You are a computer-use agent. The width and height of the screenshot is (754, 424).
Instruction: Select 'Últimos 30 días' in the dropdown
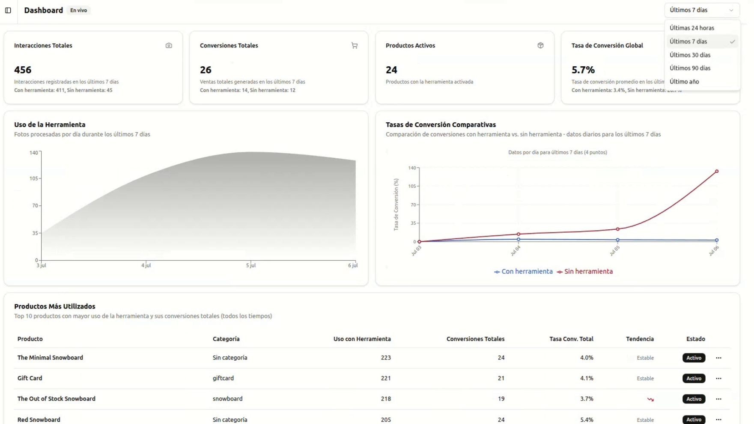point(690,55)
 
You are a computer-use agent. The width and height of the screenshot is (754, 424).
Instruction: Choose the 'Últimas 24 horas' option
point(691,28)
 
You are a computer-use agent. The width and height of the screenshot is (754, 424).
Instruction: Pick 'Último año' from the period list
point(684,81)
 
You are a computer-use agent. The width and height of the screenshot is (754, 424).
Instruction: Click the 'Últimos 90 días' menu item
point(690,68)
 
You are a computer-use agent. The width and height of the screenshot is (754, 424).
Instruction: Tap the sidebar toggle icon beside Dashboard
point(8,10)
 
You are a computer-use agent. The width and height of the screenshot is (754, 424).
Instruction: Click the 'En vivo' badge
point(78,10)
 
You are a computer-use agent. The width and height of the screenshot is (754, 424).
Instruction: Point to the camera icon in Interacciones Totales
point(169,45)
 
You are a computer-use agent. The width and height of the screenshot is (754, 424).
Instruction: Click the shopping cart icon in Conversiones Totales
point(355,45)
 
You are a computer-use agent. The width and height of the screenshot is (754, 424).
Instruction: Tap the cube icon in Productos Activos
point(540,45)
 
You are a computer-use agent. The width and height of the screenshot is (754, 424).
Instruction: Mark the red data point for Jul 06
point(717,171)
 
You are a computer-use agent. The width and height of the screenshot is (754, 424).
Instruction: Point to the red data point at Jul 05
point(617,229)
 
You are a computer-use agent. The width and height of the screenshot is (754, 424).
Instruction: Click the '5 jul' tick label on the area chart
point(251,266)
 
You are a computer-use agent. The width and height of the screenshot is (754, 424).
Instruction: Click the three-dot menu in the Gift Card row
point(718,378)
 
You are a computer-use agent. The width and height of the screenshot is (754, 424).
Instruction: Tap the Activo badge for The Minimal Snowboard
point(694,358)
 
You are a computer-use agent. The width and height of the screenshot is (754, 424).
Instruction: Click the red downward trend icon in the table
point(650,399)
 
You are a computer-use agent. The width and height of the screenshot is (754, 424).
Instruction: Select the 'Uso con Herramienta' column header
point(362,339)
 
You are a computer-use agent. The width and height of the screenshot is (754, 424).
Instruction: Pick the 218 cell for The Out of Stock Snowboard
point(386,399)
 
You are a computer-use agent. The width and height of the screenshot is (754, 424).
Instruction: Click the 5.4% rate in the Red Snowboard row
point(587,420)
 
